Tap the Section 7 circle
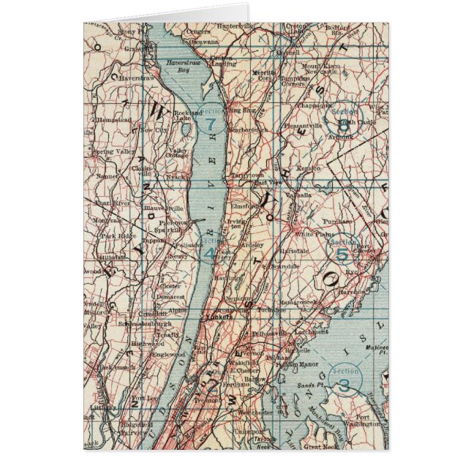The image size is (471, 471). [x=210, y=121]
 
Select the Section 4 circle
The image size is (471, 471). [x=209, y=250]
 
